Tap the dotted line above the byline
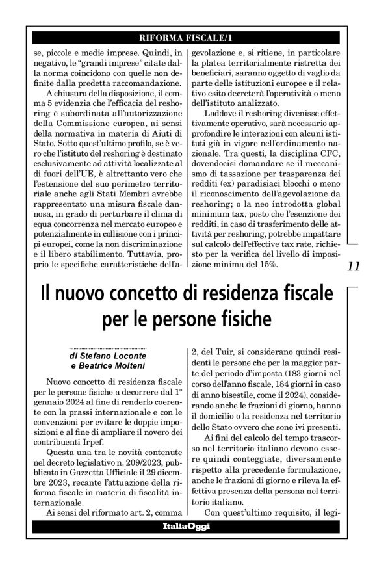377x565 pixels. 107,349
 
